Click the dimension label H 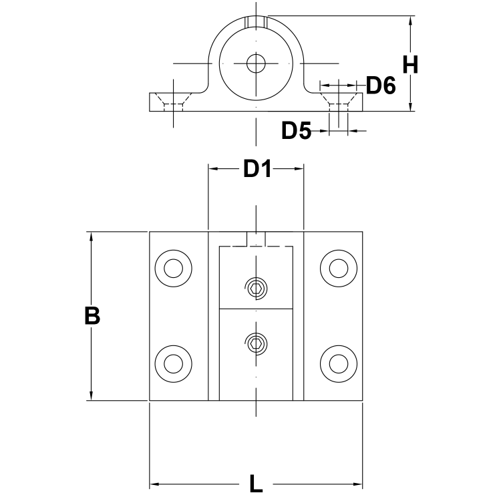point(410,65)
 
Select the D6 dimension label point(381,85)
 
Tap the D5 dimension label point(296,131)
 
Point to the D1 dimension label point(257,170)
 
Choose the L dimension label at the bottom point(255,484)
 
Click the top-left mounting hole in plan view point(174,268)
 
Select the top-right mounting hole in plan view point(339,268)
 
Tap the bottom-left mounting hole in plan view point(174,363)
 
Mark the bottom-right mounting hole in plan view point(339,363)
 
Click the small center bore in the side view point(256,63)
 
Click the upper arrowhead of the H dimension point(410,21)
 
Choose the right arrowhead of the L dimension point(357,484)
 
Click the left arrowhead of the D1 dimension point(214,170)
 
